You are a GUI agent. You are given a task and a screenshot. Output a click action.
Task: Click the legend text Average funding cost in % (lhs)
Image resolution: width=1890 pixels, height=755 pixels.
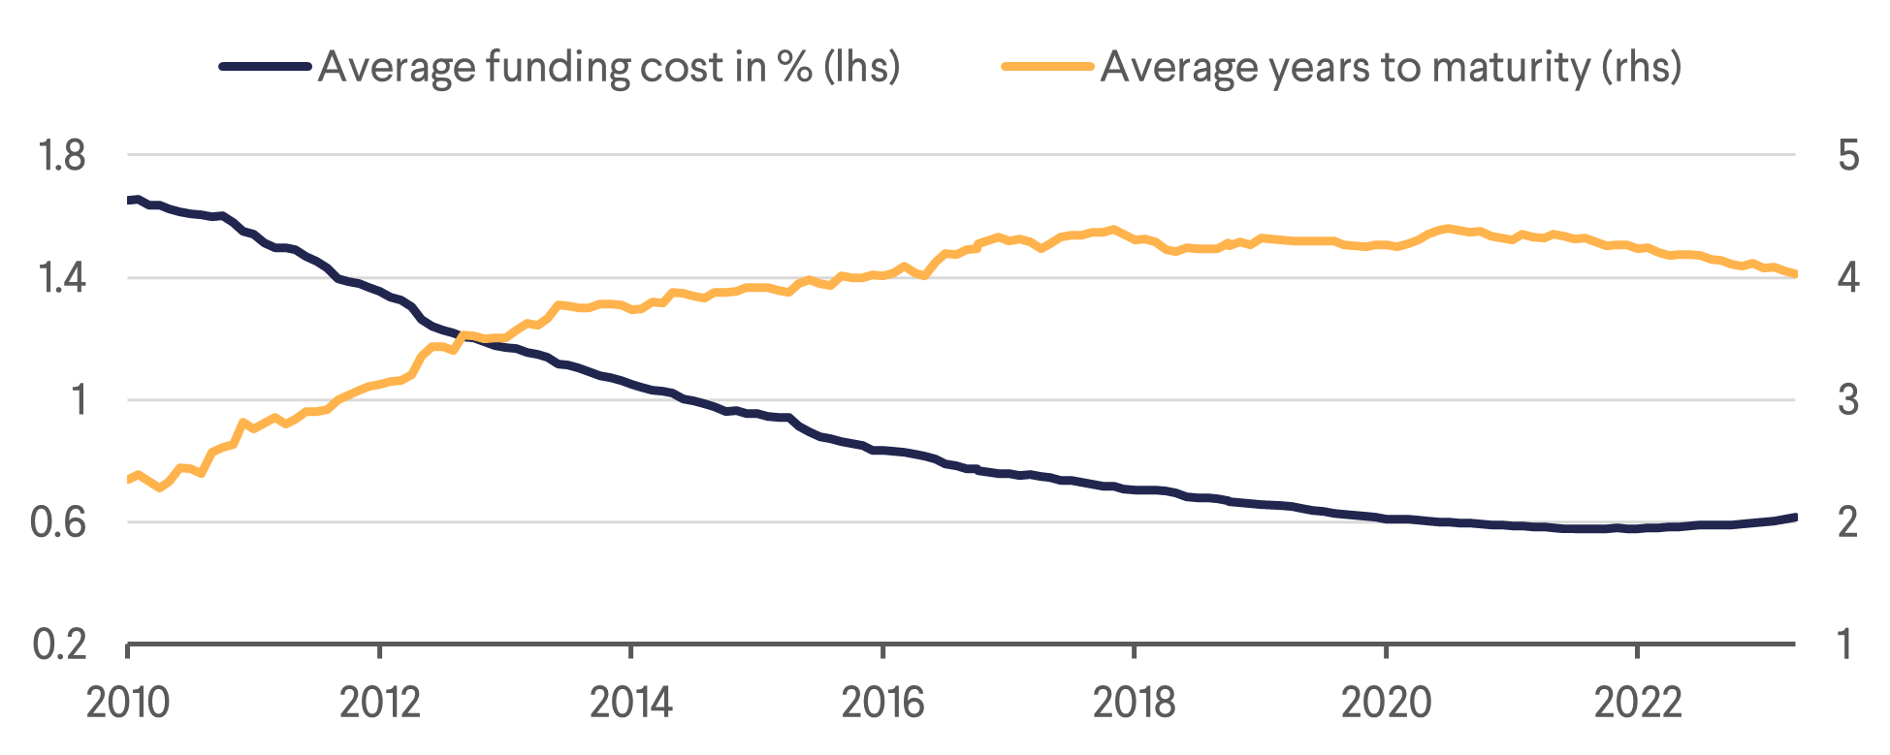click(x=609, y=67)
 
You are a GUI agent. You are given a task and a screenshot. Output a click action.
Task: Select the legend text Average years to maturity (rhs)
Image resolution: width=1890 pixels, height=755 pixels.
click(x=1391, y=67)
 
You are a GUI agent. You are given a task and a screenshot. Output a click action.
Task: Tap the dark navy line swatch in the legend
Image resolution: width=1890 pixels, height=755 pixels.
click(x=265, y=67)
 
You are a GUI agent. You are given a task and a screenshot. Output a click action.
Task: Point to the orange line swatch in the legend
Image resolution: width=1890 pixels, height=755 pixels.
click(x=1047, y=67)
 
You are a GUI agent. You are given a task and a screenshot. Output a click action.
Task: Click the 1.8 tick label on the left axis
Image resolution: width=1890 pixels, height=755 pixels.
click(x=60, y=156)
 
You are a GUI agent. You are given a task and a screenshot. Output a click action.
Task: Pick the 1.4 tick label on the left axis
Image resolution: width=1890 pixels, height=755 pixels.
click(x=60, y=278)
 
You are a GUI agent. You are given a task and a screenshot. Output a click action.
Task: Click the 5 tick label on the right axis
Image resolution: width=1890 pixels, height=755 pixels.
click(x=1848, y=156)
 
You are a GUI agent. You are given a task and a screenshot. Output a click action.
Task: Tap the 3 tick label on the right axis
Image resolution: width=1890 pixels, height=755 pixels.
click(x=1848, y=400)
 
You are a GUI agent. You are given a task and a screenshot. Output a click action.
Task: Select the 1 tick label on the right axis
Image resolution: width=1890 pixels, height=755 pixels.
click(x=1846, y=645)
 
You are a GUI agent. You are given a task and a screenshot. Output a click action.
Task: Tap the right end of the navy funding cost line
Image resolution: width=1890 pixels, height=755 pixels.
click(x=1795, y=518)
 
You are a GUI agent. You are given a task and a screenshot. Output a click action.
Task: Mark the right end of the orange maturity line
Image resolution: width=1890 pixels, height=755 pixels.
click(x=1795, y=274)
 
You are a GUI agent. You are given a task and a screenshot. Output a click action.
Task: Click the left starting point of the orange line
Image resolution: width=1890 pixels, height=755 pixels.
click(x=129, y=479)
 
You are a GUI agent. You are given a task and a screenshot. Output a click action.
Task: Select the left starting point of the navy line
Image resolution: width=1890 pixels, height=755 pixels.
click(x=129, y=200)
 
